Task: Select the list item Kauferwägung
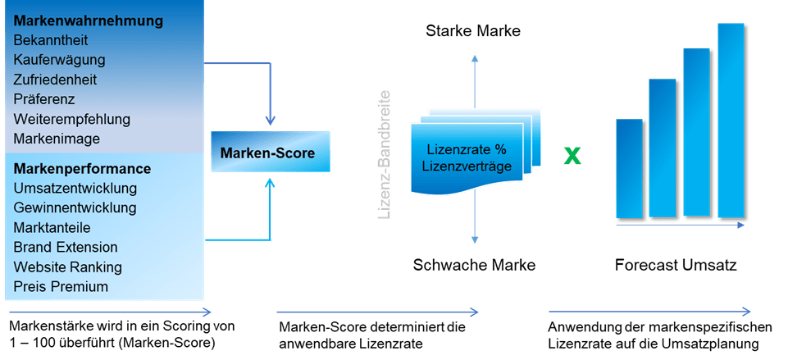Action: pos(59,60)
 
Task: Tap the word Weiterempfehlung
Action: pos(72,120)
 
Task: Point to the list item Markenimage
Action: pos(57,139)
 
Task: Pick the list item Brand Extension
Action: pos(66,247)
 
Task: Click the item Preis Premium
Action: pos(61,287)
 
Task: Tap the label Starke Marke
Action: pos(473,32)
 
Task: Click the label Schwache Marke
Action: pos(474,266)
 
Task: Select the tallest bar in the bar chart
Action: pos(731,121)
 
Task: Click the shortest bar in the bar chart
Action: pos(630,170)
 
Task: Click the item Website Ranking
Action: pos(68,267)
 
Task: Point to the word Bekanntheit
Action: pos(51,39)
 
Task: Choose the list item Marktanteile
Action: pos(52,227)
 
